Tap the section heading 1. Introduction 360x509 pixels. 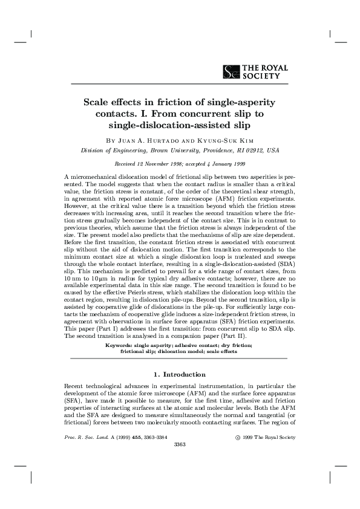pyautogui.click(x=180, y=375)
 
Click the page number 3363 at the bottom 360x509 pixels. pyautogui.click(x=180, y=444)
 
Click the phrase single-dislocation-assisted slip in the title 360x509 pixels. pyautogui.click(x=179, y=125)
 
